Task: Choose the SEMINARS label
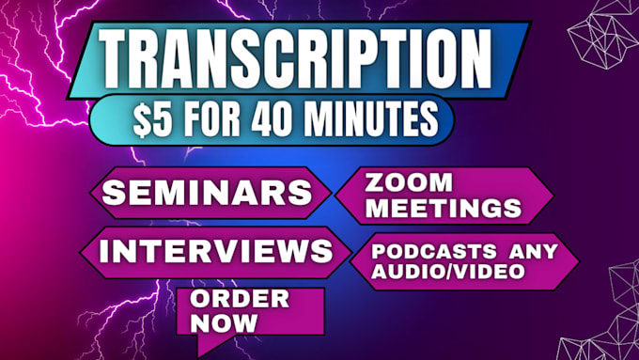[208, 194]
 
